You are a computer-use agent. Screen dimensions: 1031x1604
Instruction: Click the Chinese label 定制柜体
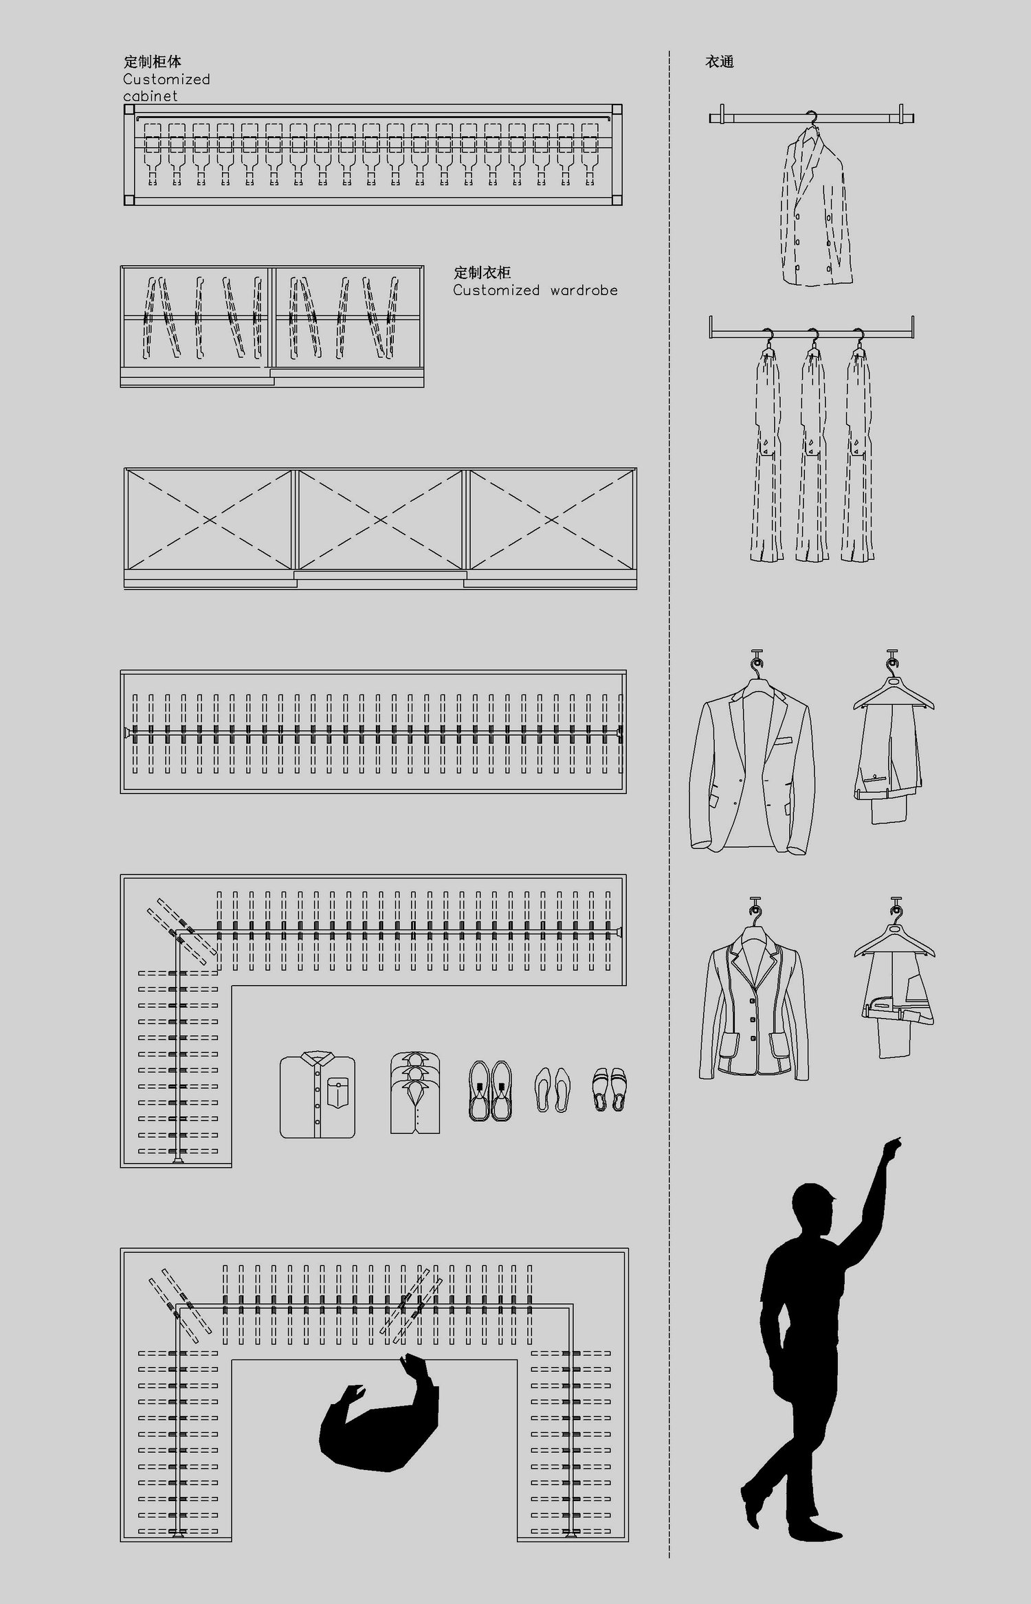coord(153,62)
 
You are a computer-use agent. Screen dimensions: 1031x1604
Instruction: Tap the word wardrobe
coord(584,291)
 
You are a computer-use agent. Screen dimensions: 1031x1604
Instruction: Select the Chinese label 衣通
coord(720,62)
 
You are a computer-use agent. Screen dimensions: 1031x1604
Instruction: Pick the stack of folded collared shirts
coord(415,1092)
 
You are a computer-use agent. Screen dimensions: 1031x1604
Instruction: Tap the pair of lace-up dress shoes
coord(490,1092)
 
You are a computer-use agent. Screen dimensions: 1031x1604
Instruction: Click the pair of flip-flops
coord(553,1089)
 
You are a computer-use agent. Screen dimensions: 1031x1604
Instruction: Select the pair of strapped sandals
coord(609,1089)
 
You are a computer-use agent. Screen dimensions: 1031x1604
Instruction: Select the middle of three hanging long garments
coord(812,453)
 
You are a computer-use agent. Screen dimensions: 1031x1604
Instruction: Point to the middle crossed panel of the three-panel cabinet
coord(380,519)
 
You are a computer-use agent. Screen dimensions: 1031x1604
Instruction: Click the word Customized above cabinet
coord(166,80)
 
